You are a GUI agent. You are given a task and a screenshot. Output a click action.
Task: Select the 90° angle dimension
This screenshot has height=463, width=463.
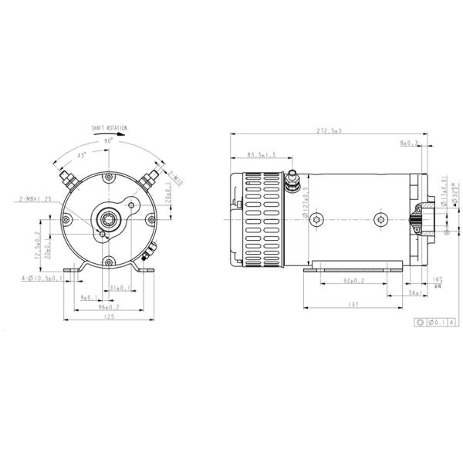pos(108,141)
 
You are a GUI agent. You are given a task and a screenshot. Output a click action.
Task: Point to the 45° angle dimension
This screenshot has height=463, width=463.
pos(82,155)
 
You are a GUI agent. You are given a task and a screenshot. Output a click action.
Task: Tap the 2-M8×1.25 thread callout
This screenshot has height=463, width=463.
pos(35,199)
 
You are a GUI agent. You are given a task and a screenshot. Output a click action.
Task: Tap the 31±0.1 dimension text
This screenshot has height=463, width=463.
pos(118,287)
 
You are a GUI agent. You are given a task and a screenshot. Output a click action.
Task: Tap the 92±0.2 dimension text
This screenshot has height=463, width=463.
pos(354,282)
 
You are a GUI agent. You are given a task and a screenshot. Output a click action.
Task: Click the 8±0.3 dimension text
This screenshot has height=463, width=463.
pos(408,144)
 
